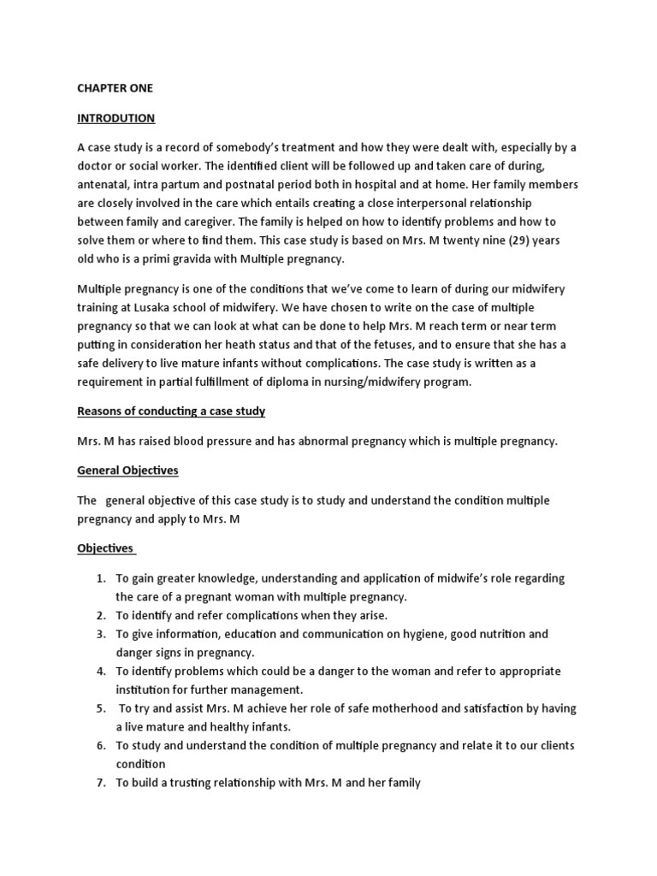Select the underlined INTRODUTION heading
(116, 118)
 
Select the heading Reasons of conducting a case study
(171, 411)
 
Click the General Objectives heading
(127, 471)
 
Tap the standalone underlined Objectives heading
(106, 547)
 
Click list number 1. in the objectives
(100, 579)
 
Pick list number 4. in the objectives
(100, 672)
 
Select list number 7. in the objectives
(100, 782)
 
